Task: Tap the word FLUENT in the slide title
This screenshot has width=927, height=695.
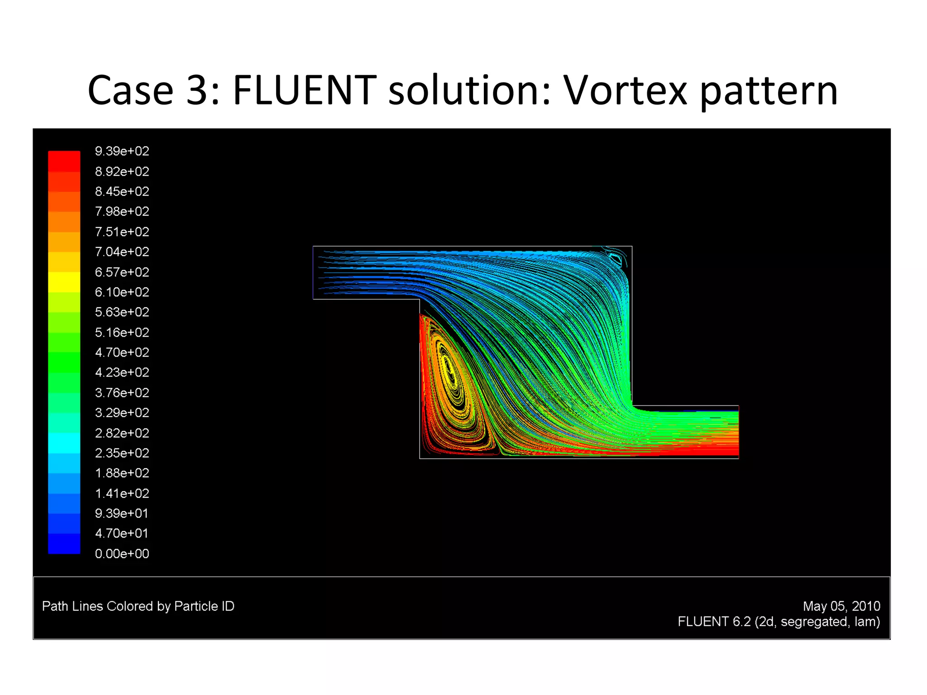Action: coord(304,90)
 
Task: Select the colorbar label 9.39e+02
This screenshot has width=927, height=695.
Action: coord(122,151)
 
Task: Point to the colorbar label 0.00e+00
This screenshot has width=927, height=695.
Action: coord(122,553)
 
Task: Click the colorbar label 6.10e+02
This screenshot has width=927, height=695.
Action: coord(122,292)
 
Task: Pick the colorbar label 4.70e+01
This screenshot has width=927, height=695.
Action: coord(122,533)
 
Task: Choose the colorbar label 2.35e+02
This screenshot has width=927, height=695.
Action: coord(122,453)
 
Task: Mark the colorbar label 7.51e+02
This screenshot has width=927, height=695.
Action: coord(122,232)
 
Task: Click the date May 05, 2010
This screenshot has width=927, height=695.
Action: coord(841,606)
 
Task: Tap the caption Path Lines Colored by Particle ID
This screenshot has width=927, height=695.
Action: coord(138,606)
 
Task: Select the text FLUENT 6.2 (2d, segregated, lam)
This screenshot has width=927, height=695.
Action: coord(779,622)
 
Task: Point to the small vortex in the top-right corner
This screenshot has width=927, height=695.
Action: coord(616,259)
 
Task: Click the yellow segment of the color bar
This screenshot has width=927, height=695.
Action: coord(64,282)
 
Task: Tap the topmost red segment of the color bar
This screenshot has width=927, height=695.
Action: coord(64,161)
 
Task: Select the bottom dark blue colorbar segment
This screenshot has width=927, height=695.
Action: coord(64,543)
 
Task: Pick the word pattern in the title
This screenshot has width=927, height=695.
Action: coord(769,90)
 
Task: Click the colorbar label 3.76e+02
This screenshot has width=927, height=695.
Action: coord(122,392)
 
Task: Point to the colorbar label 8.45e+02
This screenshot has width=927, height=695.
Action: coord(122,191)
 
